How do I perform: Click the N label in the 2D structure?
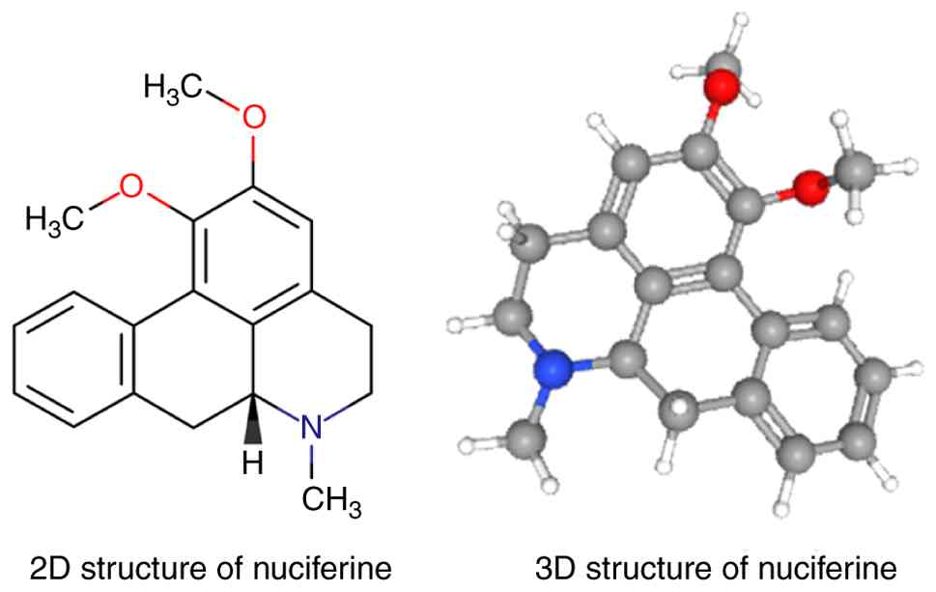[310, 427]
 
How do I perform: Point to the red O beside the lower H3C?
[132, 186]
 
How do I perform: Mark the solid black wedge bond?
[254, 425]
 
